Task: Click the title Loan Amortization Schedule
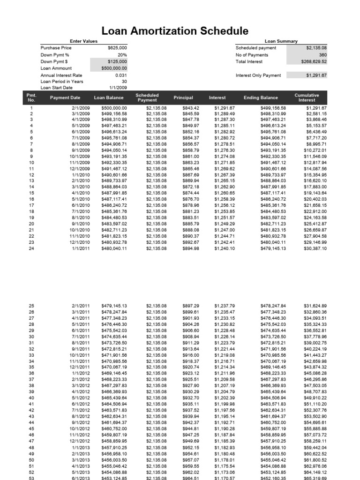[x=175, y=31]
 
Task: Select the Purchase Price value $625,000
[x=117, y=48]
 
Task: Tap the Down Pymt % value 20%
[x=121, y=54]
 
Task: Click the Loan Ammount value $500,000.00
[x=114, y=68]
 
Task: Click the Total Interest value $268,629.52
[x=314, y=61]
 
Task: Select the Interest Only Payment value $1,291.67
[x=316, y=75]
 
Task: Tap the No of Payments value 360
[x=322, y=55]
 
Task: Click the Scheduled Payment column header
[x=147, y=97]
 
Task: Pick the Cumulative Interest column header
[x=307, y=97]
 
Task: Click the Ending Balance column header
[x=261, y=98]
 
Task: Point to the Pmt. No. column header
[x=31, y=97]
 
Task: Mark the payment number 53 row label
[x=31, y=479]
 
